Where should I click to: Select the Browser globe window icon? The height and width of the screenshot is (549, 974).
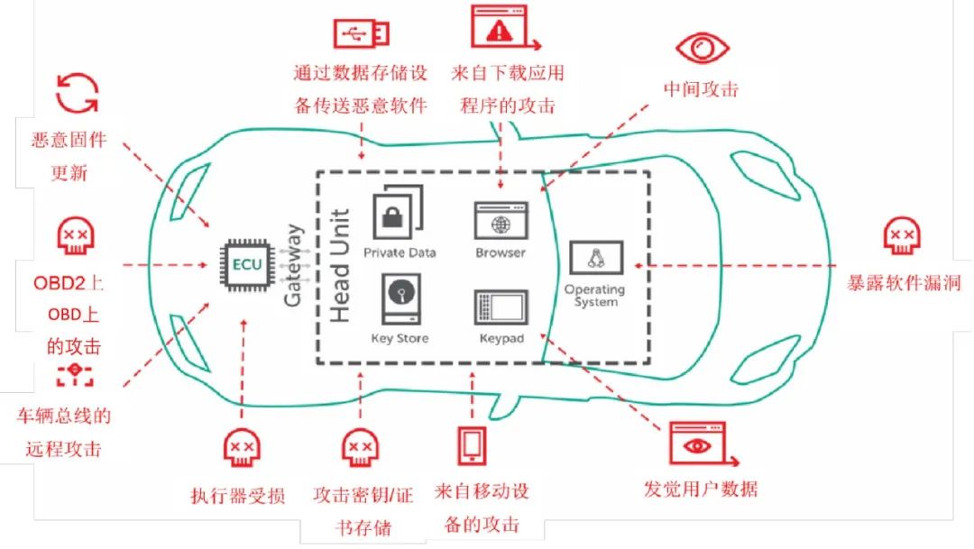coord(501,221)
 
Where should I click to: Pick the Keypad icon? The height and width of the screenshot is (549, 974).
coord(501,308)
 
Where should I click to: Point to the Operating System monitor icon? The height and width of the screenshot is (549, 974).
coord(594,260)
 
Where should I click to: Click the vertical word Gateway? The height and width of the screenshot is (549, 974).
coord(293,266)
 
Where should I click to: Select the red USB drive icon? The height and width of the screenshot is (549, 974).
coord(362,33)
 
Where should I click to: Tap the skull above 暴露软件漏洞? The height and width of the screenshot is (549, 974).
coord(902,235)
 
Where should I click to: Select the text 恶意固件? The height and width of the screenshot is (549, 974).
coord(69,140)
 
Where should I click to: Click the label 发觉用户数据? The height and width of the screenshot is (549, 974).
coord(701,490)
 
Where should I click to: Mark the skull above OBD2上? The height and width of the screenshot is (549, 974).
coord(73,235)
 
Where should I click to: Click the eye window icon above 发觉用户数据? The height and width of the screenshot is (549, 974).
coord(696,445)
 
